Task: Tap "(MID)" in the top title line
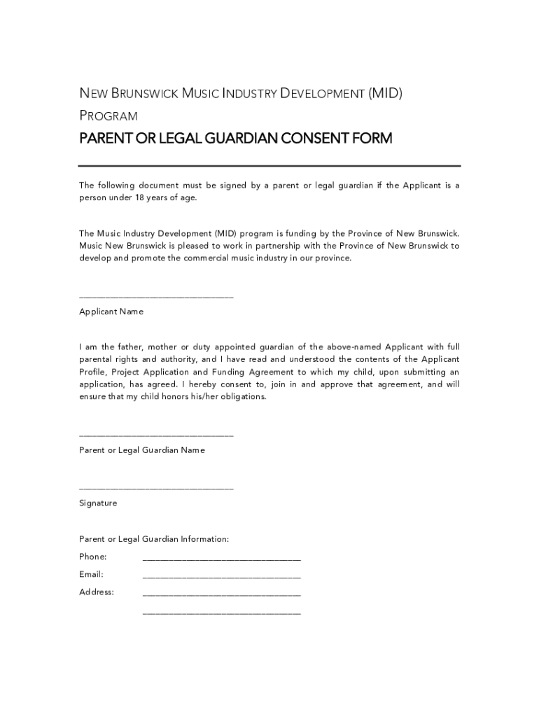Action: tap(386, 94)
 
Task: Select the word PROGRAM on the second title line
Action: tap(108, 116)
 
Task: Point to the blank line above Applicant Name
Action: tap(156, 298)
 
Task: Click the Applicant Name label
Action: tap(111, 312)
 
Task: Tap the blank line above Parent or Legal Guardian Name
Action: tap(156, 437)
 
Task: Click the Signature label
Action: tap(98, 503)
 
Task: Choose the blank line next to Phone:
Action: tap(221, 561)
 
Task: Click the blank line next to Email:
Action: tap(221, 578)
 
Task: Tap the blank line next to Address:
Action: tap(221, 596)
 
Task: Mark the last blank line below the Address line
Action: tap(221, 614)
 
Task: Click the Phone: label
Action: tap(93, 557)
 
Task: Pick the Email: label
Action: tap(91, 575)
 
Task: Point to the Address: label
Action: tap(97, 592)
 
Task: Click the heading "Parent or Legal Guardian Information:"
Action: tap(154, 540)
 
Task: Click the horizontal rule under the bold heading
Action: tap(269, 166)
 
